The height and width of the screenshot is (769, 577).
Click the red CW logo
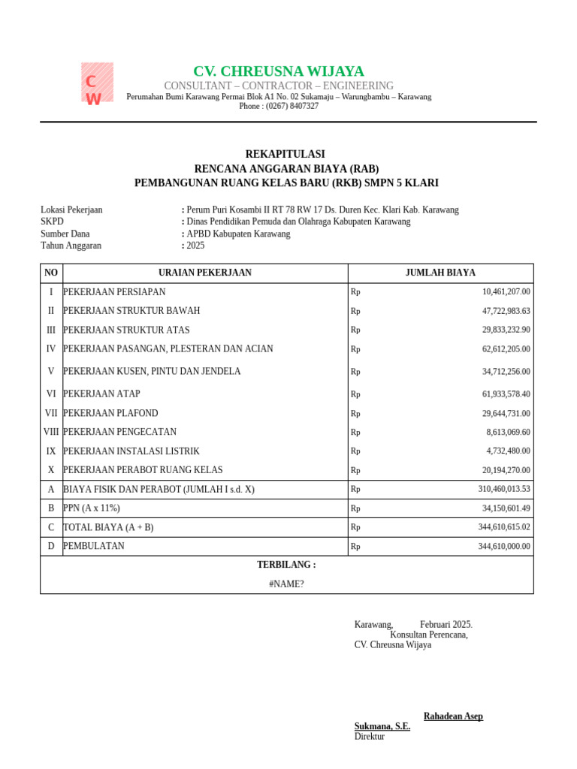(97, 83)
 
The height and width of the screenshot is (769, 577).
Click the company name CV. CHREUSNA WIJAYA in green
(279, 71)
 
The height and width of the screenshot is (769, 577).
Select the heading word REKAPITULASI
(285, 154)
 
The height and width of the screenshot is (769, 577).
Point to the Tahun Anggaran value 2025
(195, 246)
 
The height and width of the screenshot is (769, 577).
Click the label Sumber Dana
(65, 234)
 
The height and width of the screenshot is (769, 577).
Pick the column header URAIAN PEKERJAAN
(205, 273)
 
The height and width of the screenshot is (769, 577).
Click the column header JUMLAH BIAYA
(440, 273)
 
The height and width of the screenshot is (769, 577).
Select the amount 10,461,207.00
(506, 292)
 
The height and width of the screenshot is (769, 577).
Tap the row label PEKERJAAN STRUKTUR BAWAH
(131, 311)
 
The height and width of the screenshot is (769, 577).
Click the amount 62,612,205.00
(506, 349)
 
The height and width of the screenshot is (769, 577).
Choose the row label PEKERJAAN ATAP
(101, 394)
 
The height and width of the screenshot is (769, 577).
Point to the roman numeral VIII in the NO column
(51, 432)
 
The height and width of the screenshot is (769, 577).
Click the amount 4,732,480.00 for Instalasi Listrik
(508, 451)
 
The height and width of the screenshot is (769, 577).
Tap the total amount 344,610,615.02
(503, 527)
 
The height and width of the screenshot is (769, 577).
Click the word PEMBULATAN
(94, 546)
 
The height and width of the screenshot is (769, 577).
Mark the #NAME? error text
(286, 584)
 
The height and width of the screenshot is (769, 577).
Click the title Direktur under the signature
(370, 737)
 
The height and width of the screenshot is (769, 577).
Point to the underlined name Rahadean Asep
(453, 716)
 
